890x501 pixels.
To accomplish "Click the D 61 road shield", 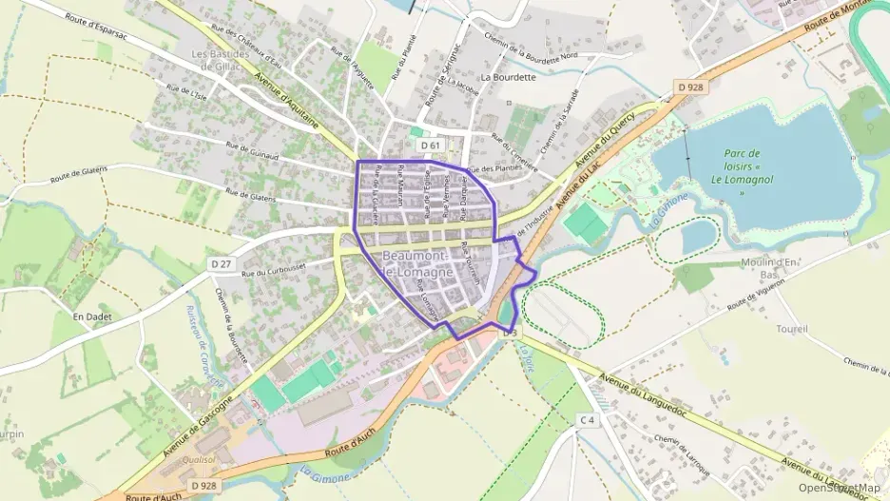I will [432, 145].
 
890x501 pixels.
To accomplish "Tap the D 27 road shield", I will [221, 263].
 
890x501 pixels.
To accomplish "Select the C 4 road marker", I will [588, 419].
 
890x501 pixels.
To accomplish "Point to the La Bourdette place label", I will [509, 77].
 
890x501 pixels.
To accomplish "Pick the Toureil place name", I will [791, 329].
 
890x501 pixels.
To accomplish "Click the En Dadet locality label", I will [92, 316].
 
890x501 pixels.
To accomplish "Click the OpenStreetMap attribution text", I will [840, 489].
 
